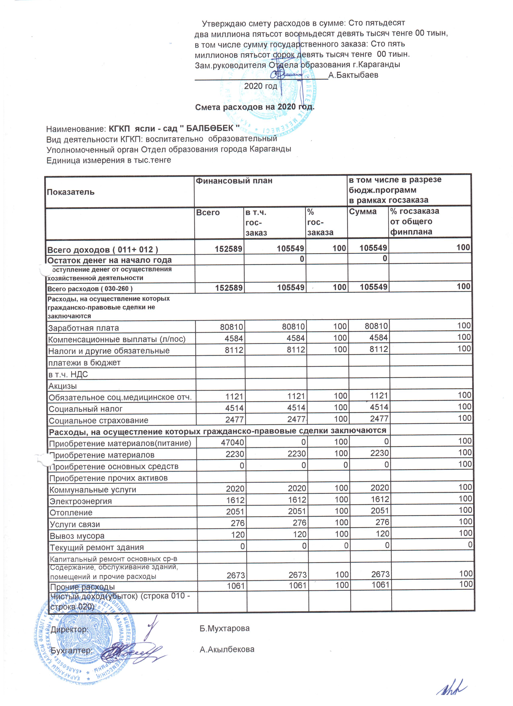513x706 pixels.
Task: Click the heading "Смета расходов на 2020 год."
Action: [254, 107]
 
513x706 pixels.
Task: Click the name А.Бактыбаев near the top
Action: [353, 75]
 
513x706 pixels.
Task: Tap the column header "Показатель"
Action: [71, 192]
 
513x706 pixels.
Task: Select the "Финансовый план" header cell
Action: [234, 181]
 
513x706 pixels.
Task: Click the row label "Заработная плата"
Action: [83, 328]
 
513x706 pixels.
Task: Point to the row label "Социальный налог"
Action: [86, 409]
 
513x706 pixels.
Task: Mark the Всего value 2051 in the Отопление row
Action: [235, 512]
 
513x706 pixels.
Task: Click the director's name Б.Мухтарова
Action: [224, 629]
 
